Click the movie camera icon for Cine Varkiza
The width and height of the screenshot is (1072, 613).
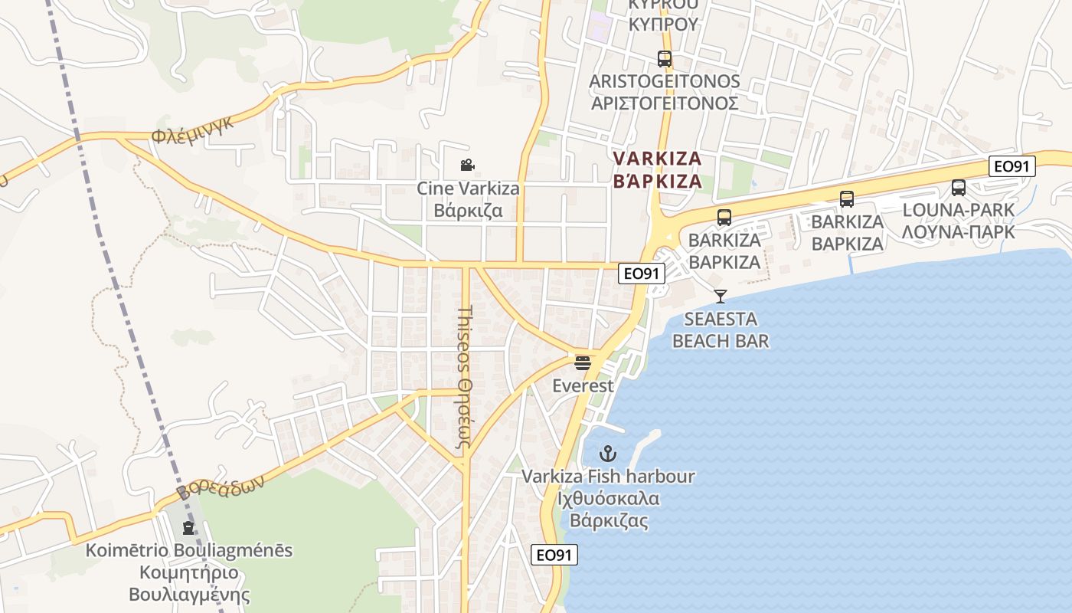coord(467,165)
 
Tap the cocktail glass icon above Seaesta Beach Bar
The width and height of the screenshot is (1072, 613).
coord(720,296)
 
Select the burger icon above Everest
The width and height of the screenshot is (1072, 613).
coord(583,362)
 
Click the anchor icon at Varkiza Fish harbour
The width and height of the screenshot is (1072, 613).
coord(607,454)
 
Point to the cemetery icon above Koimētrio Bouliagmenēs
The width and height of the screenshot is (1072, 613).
coord(188,527)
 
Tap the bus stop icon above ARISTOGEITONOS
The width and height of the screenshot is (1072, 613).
coord(664,58)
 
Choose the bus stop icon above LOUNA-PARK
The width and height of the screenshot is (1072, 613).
coord(958,188)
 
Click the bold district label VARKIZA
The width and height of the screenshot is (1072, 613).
coord(657,159)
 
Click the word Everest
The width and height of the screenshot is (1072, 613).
coord(583,386)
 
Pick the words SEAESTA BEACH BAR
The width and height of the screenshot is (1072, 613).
coord(720,330)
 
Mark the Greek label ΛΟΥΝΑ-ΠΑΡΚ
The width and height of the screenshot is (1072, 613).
coord(958,231)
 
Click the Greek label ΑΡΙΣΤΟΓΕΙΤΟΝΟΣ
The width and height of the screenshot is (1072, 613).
coord(664,103)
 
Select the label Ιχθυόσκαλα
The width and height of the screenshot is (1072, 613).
coord(608,499)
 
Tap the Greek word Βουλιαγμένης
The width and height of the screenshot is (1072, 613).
coord(189,595)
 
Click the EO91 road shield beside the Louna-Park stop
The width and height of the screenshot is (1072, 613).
coord(1012,166)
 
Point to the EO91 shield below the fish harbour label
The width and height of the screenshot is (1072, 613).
coord(554,556)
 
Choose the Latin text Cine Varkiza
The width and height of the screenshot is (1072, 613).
coord(468,188)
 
